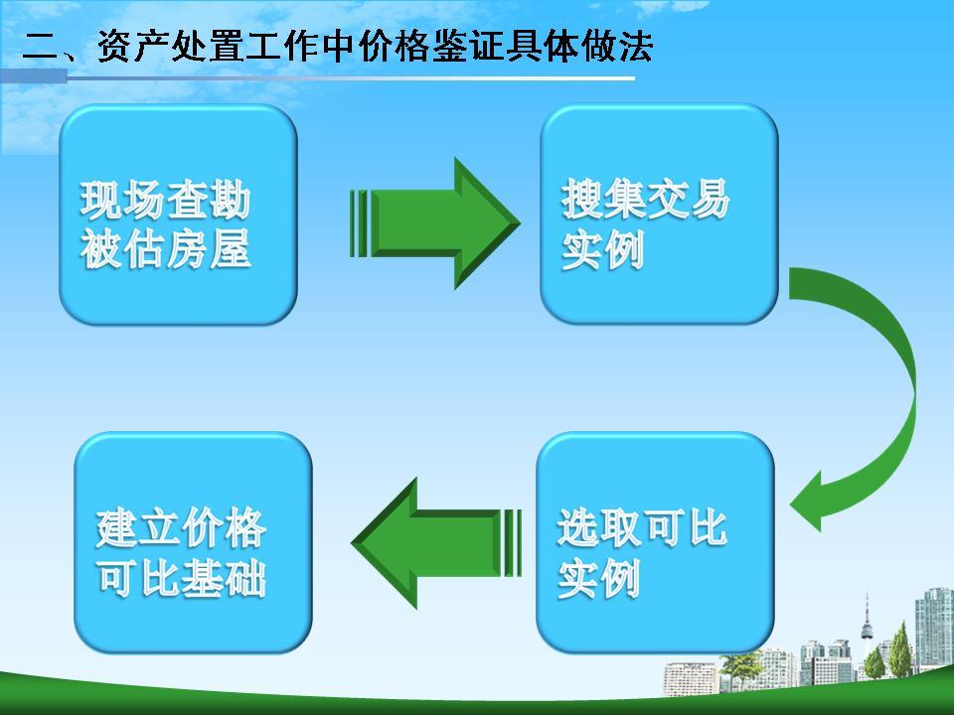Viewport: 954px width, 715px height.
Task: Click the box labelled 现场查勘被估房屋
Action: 178,214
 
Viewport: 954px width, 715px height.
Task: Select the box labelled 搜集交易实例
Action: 658,214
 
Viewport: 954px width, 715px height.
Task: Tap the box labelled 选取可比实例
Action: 655,542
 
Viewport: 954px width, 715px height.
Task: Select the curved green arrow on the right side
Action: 874,397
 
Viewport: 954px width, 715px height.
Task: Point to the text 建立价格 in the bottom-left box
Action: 181,528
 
